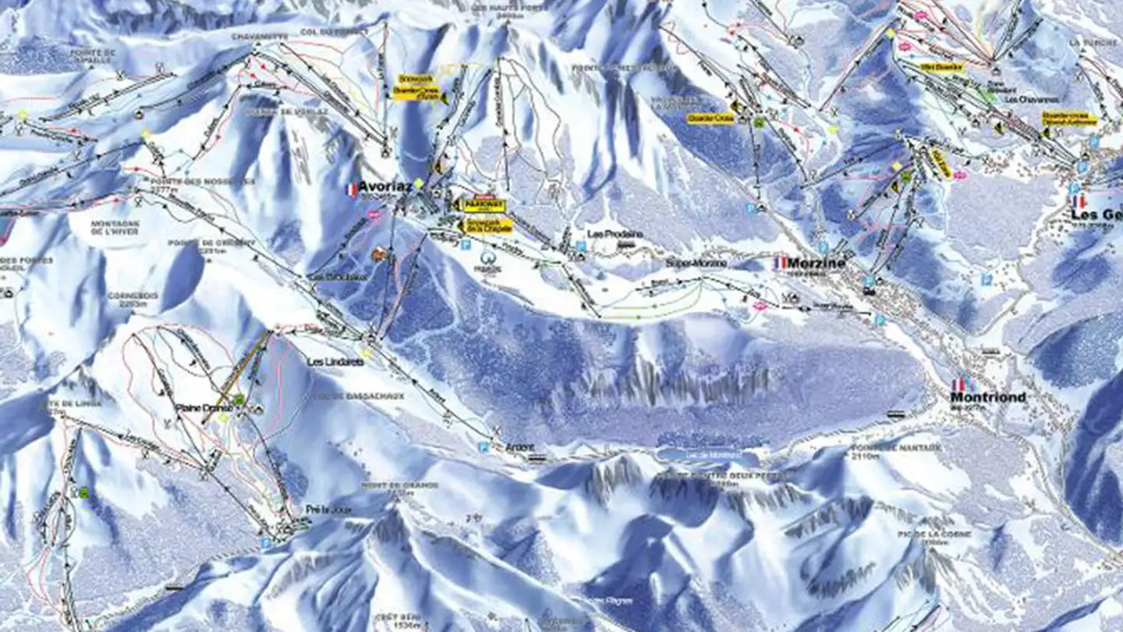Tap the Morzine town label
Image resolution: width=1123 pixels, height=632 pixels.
tap(817, 263)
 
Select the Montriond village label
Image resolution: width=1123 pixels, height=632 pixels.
tap(988, 397)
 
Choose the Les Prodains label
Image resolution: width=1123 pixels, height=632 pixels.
tap(615, 234)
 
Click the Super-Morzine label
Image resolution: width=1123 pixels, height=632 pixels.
tap(696, 263)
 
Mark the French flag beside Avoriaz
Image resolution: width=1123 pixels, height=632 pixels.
tap(351, 189)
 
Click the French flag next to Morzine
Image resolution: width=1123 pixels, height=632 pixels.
tap(781, 263)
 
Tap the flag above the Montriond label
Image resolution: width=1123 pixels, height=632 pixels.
tap(964, 384)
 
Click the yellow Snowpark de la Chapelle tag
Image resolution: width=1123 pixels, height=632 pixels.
tap(488, 225)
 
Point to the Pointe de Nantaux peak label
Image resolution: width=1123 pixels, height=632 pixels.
tap(885, 449)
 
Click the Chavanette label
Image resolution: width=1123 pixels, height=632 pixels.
tap(259, 36)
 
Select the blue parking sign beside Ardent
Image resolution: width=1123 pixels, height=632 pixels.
tap(484, 448)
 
